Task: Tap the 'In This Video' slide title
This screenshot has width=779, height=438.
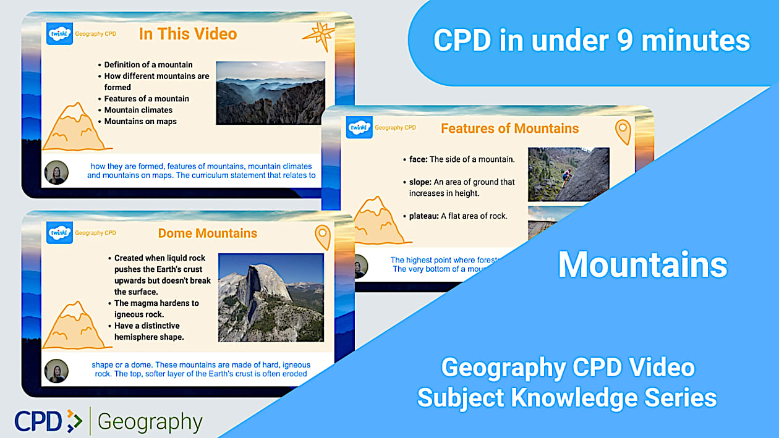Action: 188,33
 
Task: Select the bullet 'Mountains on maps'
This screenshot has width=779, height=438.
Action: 140,122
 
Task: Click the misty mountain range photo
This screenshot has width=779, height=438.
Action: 270,93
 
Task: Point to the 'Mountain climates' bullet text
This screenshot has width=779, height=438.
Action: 138,110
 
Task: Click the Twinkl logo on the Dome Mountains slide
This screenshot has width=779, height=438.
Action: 59,233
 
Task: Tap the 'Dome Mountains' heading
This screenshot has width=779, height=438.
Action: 208,234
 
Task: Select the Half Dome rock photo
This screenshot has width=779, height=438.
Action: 271,298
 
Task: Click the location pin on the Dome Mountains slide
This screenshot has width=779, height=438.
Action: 322,237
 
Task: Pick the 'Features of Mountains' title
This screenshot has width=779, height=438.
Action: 509,128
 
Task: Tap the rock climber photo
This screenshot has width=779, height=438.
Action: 568,174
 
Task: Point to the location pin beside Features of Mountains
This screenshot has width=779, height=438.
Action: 623,132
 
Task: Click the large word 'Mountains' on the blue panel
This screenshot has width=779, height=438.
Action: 642,264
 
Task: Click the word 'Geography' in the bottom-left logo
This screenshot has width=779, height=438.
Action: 150,422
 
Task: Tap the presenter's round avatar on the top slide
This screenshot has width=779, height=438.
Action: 56,172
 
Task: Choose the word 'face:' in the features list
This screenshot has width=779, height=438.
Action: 418,159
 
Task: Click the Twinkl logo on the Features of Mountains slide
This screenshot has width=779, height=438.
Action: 359,127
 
